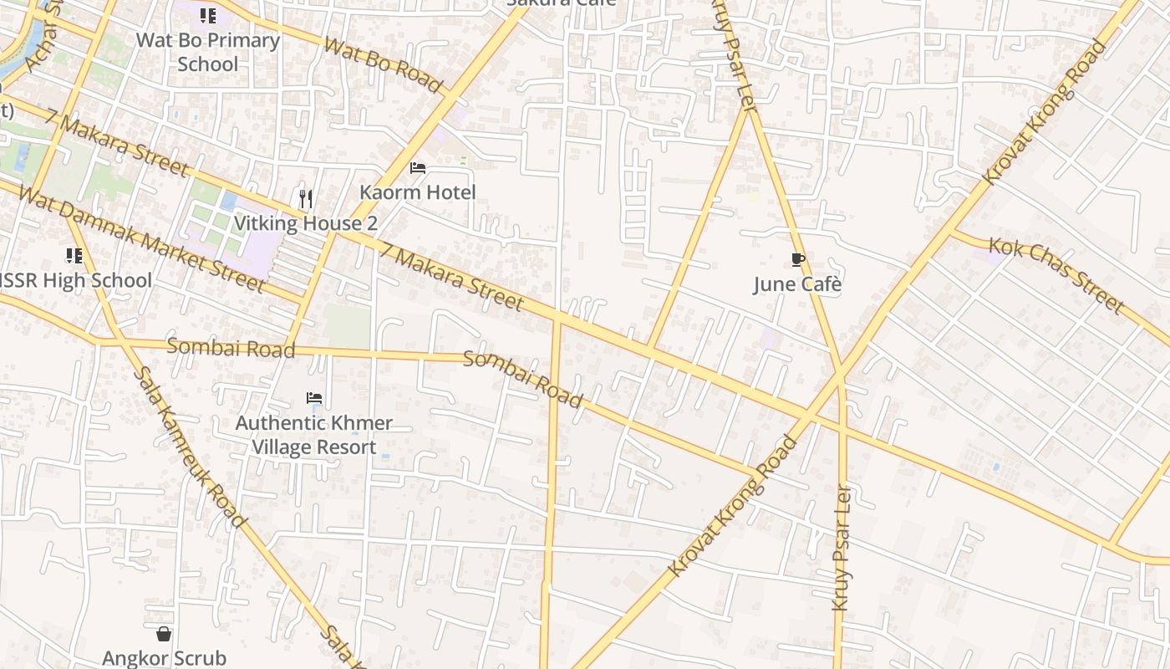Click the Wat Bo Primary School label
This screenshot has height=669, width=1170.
[x=208, y=52]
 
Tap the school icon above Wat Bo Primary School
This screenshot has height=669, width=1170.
[x=208, y=15]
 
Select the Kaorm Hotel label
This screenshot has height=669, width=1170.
[x=418, y=192]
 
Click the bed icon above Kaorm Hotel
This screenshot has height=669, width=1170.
[x=418, y=168]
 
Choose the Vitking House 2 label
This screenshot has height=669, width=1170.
[x=306, y=223]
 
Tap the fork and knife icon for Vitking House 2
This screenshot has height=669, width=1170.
[x=306, y=199]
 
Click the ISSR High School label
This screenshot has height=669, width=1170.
[x=75, y=280]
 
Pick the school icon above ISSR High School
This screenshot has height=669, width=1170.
[x=74, y=256]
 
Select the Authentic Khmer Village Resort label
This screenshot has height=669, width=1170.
[x=314, y=435]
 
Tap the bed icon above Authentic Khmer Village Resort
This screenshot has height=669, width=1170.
[x=314, y=398]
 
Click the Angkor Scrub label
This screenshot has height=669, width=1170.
[x=164, y=658]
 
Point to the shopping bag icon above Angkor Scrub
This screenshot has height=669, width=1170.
[x=164, y=634]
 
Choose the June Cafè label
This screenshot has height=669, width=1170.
[x=797, y=284]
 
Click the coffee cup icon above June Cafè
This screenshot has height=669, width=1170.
[x=797, y=260]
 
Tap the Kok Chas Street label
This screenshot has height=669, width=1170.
[x=1056, y=275]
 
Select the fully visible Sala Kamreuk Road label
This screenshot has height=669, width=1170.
[x=190, y=447]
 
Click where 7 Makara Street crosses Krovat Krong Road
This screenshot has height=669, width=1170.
[x=807, y=414]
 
